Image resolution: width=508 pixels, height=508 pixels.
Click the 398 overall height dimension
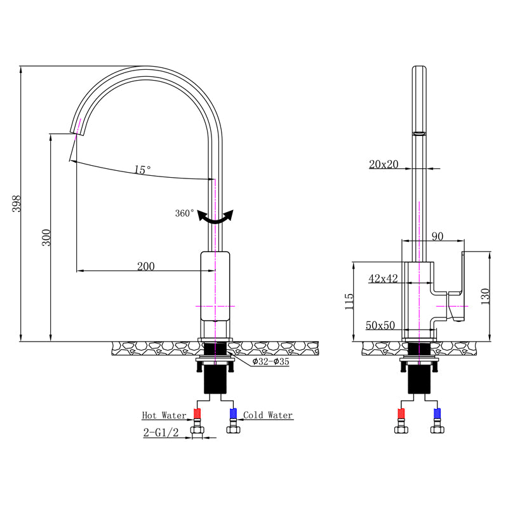17,203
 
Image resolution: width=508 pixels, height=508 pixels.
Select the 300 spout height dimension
46,237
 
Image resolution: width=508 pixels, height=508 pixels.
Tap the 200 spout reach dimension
145,266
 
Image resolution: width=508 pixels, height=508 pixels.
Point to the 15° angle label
142,170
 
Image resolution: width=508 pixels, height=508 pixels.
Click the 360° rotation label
185,213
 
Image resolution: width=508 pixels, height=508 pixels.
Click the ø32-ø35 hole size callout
271,362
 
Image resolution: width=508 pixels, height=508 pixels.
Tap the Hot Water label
164,415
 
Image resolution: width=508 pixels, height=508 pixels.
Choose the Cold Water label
268,415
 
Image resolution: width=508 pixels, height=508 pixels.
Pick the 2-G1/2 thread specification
161,434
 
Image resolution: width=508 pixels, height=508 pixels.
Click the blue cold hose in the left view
232,416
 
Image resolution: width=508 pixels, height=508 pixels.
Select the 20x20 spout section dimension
384,164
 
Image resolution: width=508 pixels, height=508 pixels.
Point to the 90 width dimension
437,236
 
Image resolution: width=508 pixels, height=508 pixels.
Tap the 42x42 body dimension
383,278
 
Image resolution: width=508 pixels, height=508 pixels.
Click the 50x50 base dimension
380,325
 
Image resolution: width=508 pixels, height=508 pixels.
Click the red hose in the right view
402,416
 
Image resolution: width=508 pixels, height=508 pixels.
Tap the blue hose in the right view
436,416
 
